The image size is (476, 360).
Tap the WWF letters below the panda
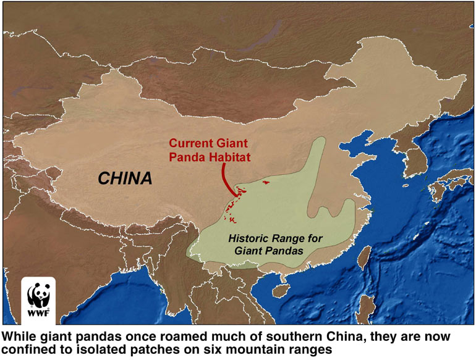coord(38,312)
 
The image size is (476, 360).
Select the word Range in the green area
coord(289,238)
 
